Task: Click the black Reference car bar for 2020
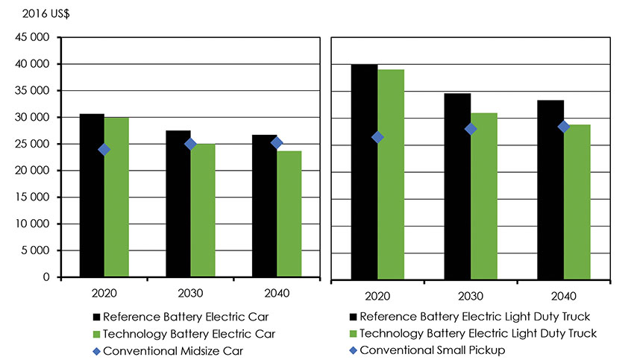click(x=92, y=195)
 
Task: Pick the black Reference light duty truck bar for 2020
click(x=364, y=171)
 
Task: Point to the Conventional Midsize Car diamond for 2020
click(x=104, y=149)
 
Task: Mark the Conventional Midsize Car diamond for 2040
click(x=277, y=142)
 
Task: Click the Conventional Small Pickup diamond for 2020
click(x=377, y=137)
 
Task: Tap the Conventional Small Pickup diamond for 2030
click(x=471, y=129)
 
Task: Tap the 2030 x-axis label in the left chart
click(x=189, y=291)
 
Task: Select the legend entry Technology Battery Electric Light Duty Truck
click(x=478, y=332)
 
